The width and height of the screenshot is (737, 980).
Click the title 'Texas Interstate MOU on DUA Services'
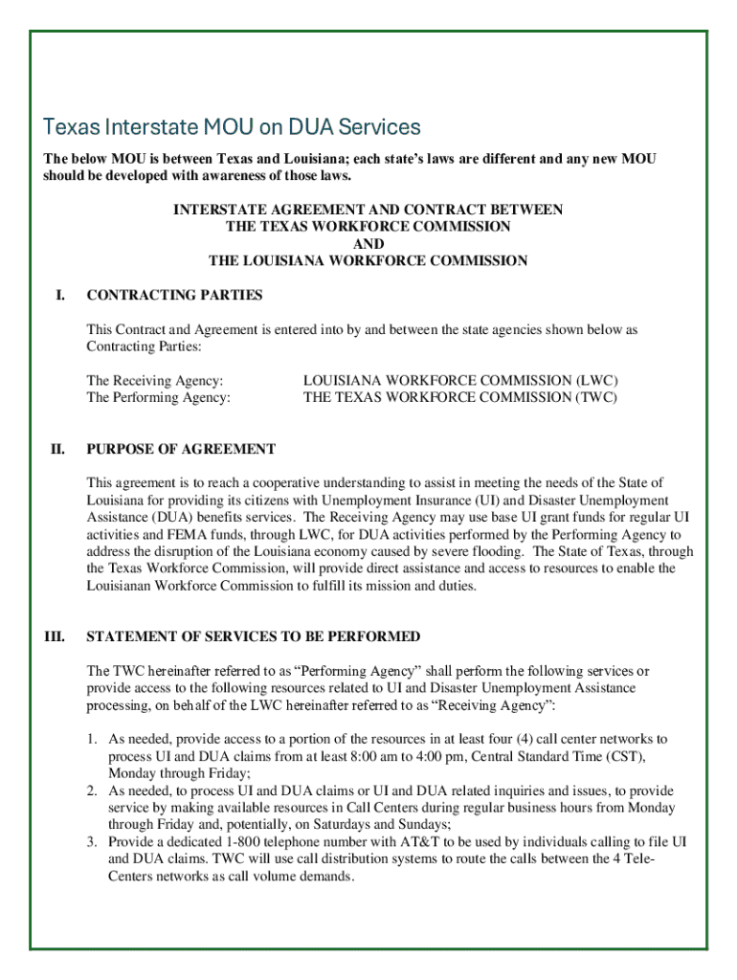(232, 126)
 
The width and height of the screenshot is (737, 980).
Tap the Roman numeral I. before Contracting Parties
(59, 295)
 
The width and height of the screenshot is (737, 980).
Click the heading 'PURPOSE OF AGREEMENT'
(181, 449)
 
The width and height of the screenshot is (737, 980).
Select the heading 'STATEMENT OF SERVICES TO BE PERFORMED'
(253, 636)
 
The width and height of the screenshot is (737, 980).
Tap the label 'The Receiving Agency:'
(155, 381)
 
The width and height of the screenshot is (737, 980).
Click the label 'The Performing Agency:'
(158, 397)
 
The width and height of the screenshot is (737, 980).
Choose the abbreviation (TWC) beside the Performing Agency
(596, 397)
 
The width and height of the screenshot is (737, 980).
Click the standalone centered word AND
(368, 244)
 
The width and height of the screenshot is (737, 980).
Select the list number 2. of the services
(92, 791)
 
